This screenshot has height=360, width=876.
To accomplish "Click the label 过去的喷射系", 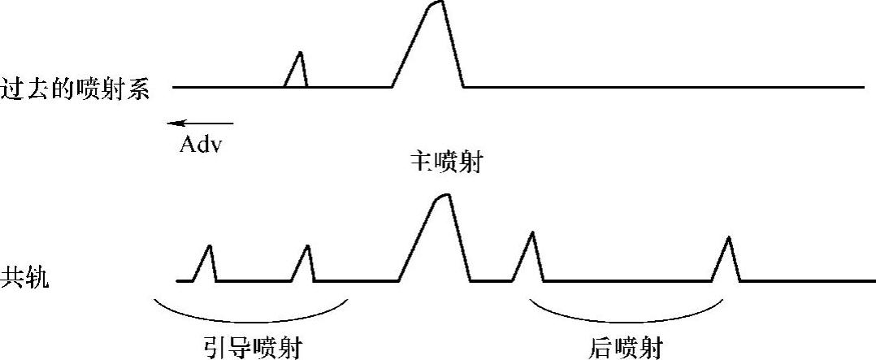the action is tap(76, 88).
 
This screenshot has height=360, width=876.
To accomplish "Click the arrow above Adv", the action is tap(199, 124).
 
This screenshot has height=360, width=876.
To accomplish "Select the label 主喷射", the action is tap(447, 164).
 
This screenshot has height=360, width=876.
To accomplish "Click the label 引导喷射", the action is tap(252, 348).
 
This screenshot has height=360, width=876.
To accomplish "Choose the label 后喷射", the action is tap(623, 348).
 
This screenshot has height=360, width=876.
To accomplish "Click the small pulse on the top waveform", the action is tap(297, 72).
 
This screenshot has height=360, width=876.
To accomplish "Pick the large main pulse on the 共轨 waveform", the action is tap(439, 240).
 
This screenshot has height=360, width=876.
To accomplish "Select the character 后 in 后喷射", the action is tap(598, 348).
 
